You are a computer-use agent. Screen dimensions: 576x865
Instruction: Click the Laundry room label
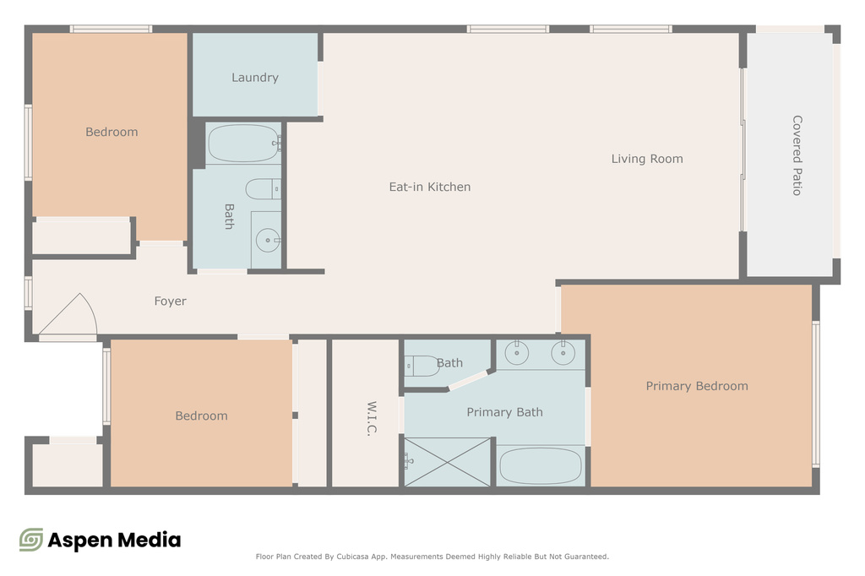pyautogui.click(x=254, y=78)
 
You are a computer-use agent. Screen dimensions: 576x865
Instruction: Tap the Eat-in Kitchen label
pyautogui.click(x=429, y=187)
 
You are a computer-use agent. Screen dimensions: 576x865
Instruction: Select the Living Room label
pyautogui.click(x=647, y=159)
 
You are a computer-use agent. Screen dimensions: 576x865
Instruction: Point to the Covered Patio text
pyautogui.click(x=797, y=155)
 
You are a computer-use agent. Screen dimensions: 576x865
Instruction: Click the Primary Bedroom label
pyautogui.click(x=697, y=386)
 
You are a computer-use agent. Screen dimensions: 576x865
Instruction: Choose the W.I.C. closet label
pyautogui.click(x=371, y=419)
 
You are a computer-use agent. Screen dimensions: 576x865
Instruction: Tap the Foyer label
pyautogui.click(x=170, y=302)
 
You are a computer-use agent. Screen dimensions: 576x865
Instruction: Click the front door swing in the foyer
pyautogui.click(x=71, y=316)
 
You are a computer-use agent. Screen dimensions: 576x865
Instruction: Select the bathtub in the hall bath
pyautogui.click(x=243, y=144)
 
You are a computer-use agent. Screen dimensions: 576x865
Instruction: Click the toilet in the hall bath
pyautogui.click(x=261, y=187)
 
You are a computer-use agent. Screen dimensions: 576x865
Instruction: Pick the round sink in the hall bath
pyautogui.click(x=268, y=241)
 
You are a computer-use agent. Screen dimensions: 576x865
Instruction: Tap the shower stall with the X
pyautogui.click(x=448, y=461)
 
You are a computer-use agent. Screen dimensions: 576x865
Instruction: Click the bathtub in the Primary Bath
pyautogui.click(x=541, y=465)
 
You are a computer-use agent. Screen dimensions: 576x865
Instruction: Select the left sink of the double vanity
pyautogui.click(x=517, y=354)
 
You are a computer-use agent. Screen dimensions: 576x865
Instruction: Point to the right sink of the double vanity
pyautogui.click(x=563, y=354)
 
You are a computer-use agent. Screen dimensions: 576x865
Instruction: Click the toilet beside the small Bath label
pyautogui.click(x=422, y=366)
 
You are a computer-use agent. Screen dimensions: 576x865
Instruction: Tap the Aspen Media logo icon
pyautogui.click(x=31, y=540)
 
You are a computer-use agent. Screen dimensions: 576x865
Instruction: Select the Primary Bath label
pyautogui.click(x=504, y=412)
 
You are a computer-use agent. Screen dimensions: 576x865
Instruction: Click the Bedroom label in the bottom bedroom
pyautogui.click(x=201, y=416)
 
